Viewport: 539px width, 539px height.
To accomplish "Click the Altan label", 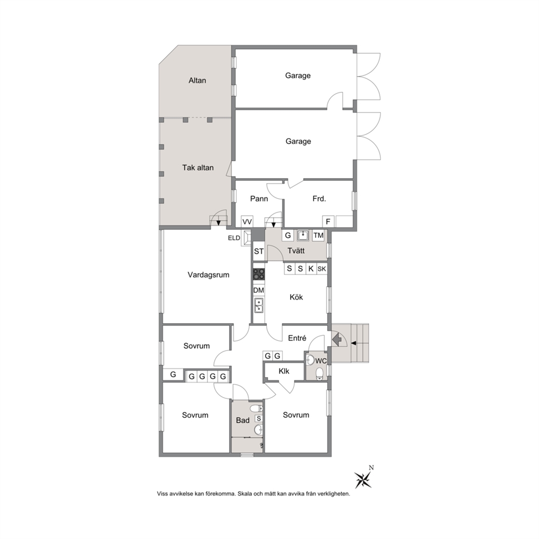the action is click(197, 80).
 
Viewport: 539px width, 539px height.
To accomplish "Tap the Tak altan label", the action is click(198, 168).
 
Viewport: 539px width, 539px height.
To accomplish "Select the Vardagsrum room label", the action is click(208, 275).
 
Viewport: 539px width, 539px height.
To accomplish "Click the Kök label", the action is click(296, 297).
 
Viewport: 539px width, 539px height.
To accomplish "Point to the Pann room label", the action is click(259, 199).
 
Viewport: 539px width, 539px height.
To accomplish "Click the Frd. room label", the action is click(319, 199).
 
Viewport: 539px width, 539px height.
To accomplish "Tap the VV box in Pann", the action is click(247, 222).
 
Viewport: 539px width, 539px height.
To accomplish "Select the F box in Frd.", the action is click(328, 222).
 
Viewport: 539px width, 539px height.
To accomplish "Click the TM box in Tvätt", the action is click(318, 235).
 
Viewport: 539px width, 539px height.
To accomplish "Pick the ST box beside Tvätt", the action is click(259, 251).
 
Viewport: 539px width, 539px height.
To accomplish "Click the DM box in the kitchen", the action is click(259, 290).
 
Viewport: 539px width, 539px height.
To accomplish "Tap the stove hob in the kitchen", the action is click(259, 274).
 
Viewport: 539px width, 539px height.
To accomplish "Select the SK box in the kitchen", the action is click(322, 268).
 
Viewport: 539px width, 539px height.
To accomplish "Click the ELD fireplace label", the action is click(234, 238).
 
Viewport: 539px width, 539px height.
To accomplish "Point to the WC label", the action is click(321, 361).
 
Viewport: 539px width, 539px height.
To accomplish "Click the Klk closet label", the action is click(284, 371).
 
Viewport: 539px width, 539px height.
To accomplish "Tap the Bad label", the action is click(243, 420).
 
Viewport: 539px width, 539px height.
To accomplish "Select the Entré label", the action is click(297, 339).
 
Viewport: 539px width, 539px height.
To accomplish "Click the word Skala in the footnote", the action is click(245, 494).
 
